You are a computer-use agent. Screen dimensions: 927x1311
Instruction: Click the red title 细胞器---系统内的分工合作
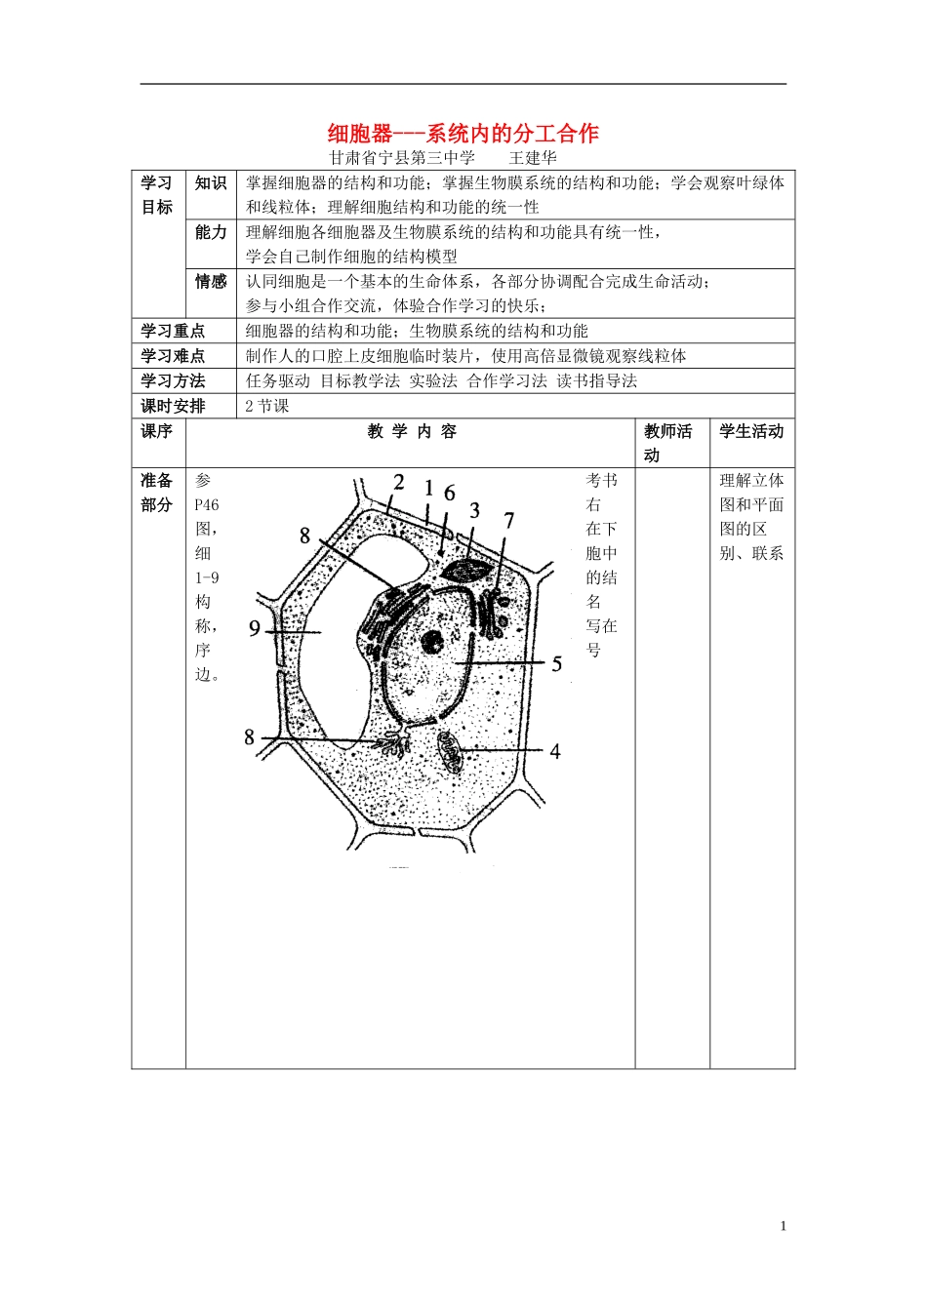[463, 134]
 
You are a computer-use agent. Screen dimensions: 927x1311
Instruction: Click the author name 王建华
[533, 158]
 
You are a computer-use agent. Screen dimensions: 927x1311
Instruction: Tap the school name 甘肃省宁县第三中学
[401, 158]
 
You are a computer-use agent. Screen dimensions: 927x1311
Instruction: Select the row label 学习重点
[173, 332]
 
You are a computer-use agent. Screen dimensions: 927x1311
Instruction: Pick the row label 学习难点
[173, 356]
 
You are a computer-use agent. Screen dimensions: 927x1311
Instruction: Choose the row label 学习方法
[173, 381]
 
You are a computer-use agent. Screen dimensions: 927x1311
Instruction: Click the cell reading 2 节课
[266, 407]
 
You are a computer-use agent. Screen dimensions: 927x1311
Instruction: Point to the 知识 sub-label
[211, 183]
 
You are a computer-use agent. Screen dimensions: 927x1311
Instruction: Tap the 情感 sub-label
[211, 282]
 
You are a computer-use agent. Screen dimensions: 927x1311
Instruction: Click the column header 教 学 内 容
[411, 432]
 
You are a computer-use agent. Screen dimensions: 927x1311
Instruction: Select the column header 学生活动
[751, 432]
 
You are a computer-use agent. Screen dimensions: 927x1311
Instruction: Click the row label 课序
[156, 432]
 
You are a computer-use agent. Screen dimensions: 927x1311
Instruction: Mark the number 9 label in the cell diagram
[255, 629]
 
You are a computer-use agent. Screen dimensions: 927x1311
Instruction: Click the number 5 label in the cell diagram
[557, 664]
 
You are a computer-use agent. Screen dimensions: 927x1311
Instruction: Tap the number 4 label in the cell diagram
[555, 751]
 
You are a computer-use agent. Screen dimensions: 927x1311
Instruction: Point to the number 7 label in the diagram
[508, 521]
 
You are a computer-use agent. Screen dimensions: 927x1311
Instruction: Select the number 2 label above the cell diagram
[399, 482]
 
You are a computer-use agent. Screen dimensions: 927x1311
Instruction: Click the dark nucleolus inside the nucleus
[430, 642]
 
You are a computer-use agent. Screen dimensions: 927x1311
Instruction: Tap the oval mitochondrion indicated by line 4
[451, 751]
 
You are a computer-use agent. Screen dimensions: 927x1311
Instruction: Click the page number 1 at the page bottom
[783, 1227]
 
